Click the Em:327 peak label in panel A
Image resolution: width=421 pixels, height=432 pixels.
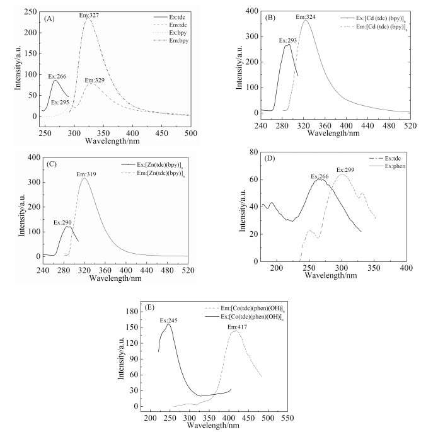click(90, 14)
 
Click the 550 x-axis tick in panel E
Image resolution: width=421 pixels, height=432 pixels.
click(287, 418)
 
